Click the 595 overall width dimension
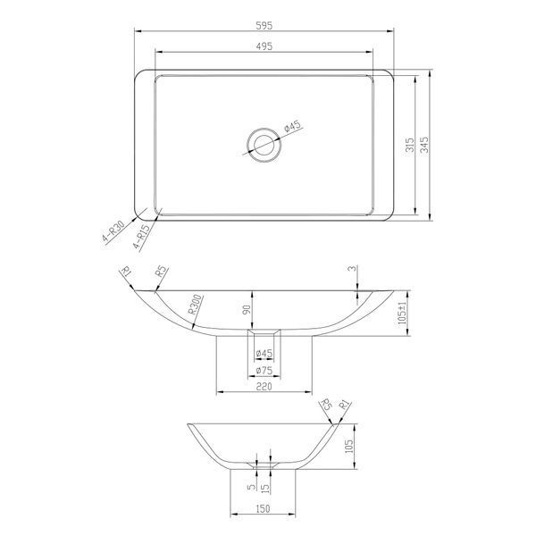pos(264,25)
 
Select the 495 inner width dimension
pos(264,46)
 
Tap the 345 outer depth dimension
pos(424,145)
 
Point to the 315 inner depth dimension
pos(409,145)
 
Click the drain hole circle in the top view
pos(264,145)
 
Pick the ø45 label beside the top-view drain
pos(293,126)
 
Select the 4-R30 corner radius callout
pos(113,231)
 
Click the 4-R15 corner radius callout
pos(141,237)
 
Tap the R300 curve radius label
pos(196,305)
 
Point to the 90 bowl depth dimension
pos(247,309)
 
